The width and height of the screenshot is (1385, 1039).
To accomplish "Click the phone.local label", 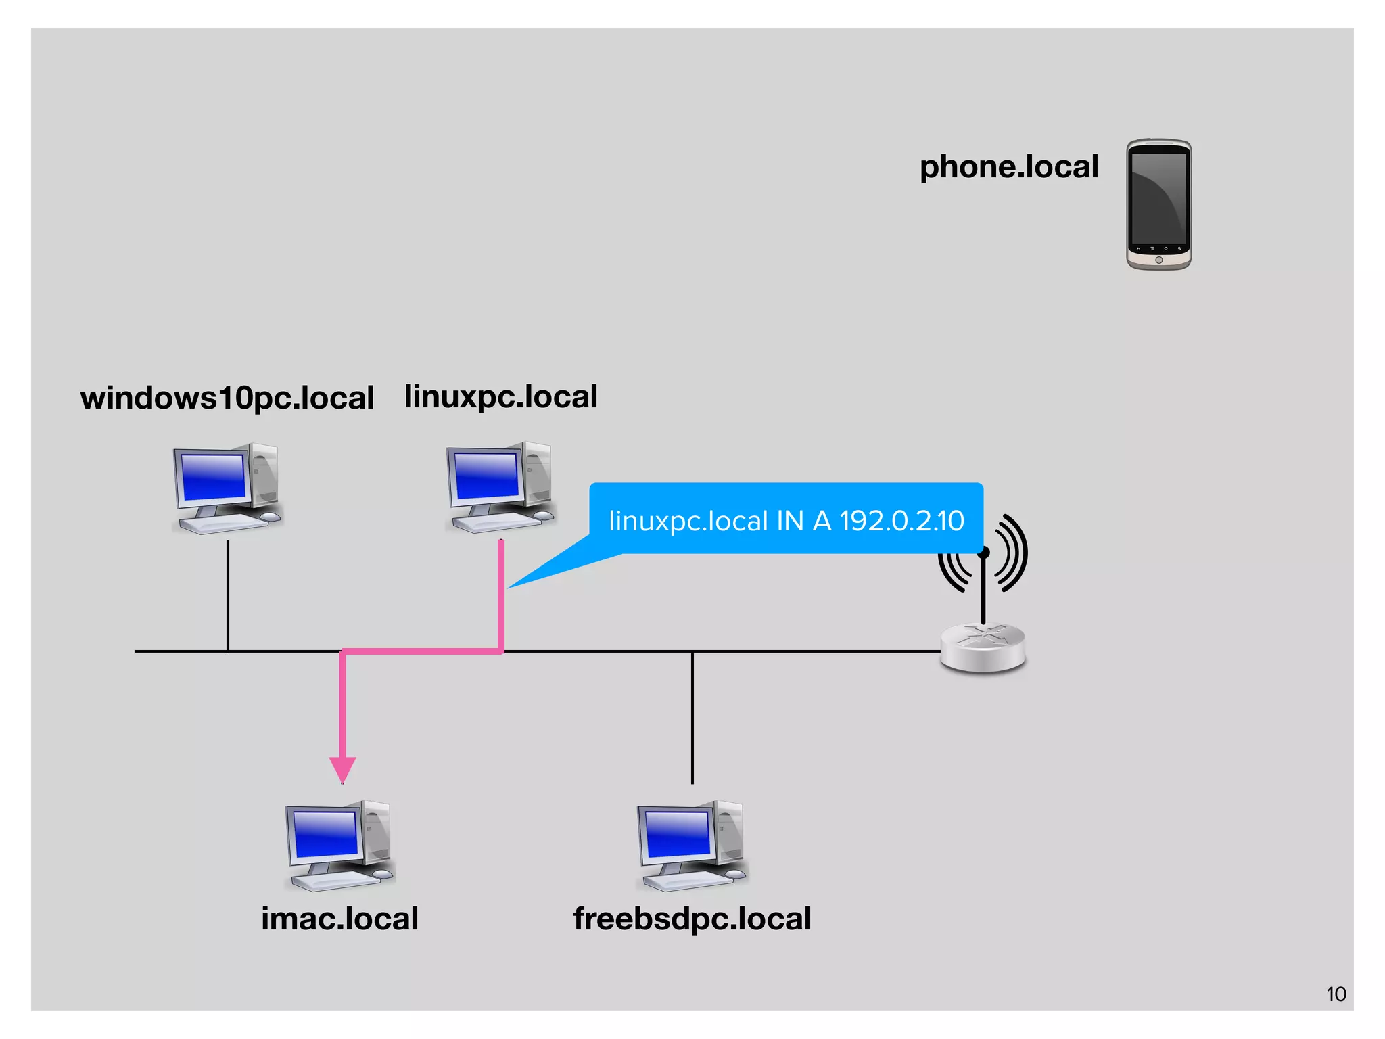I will [1008, 167].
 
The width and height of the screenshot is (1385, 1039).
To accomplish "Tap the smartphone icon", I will [1158, 204].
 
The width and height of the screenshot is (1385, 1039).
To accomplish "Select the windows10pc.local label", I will [227, 398].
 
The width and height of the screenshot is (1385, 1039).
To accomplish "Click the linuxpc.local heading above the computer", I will [500, 396].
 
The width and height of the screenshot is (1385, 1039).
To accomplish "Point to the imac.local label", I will [339, 919].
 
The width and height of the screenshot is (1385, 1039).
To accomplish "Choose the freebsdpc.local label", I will [692, 919].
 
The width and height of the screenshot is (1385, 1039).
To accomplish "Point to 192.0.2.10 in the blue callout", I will [901, 521].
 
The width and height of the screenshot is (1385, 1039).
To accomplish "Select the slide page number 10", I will [1336, 994].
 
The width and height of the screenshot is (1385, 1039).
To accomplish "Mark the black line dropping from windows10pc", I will [228, 595].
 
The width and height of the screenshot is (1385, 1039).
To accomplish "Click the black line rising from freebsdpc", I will [692, 717].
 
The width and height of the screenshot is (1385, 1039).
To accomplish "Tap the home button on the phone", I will [1158, 260].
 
